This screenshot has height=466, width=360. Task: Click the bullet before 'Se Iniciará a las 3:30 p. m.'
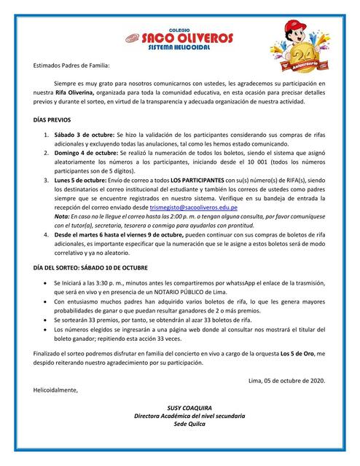(47, 282)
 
